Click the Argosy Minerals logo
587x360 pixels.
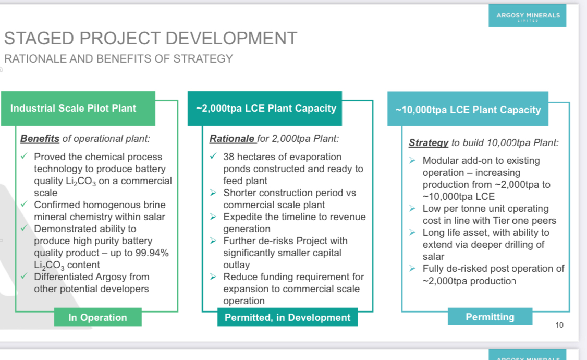click(527, 16)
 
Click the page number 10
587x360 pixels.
click(559, 325)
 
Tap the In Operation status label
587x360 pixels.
click(97, 317)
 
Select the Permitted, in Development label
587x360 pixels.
click(288, 317)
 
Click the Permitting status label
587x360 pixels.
click(490, 317)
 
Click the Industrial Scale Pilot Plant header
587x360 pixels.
click(78, 109)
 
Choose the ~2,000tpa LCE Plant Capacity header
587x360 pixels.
click(265, 109)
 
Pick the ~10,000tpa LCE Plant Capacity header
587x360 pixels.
click(468, 110)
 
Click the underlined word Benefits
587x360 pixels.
click(40, 139)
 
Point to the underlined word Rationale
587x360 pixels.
click(232, 139)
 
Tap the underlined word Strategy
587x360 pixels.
click(429, 143)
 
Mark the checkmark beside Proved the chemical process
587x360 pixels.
click(25, 156)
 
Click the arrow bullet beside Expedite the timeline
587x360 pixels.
click(213, 217)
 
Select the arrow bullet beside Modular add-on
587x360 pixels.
click(412, 160)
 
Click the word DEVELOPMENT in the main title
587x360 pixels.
click(231, 38)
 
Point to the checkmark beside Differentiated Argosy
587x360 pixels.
click(25, 276)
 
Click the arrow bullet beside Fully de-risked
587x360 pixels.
click(412, 269)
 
